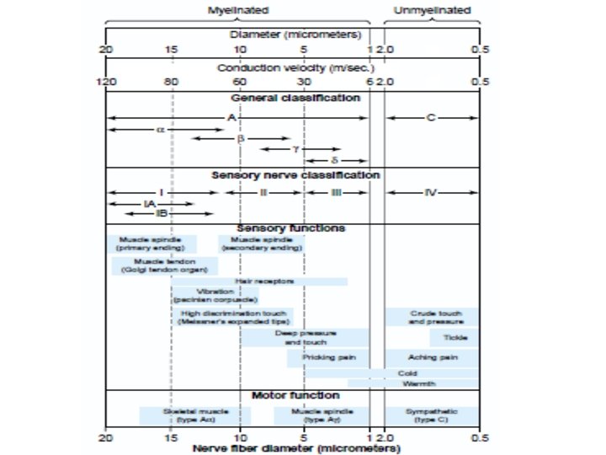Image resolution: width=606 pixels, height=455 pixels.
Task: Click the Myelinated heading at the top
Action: click(238, 10)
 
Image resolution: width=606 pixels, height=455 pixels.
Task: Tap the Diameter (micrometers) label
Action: click(295, 35)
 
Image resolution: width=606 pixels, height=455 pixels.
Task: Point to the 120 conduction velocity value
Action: click(106, 82)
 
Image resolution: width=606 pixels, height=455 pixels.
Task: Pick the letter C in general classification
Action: click(430, 117)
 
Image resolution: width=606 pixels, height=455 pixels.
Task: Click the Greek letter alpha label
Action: click(160, 130)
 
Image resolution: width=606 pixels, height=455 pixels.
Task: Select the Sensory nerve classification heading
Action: click(295, 175)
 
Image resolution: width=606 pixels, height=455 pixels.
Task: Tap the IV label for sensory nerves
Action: click(432, 192)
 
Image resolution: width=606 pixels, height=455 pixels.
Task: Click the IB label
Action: click(151, 214)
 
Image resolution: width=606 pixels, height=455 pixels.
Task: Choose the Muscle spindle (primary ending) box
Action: click(151, 244)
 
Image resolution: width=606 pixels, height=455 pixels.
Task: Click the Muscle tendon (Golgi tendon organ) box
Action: click(163, 265)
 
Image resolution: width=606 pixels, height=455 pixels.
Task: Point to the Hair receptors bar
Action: click(269, 281)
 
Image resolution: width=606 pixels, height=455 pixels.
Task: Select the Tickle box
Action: click(454, 337)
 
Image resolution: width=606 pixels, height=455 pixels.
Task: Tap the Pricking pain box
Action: click(326, 357)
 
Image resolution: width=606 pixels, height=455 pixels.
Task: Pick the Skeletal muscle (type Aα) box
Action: click(195, 415)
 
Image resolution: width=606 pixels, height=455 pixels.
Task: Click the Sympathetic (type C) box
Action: click(432, 415)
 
